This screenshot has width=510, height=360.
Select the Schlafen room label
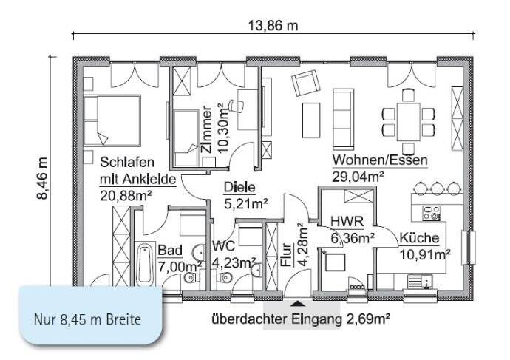(127, 162)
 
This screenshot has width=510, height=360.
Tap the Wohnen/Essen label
(380, 160)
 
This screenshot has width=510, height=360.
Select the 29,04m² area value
(357, 176)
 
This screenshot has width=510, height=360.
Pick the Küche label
(419, 238)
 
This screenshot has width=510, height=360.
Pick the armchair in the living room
(303, 85)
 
